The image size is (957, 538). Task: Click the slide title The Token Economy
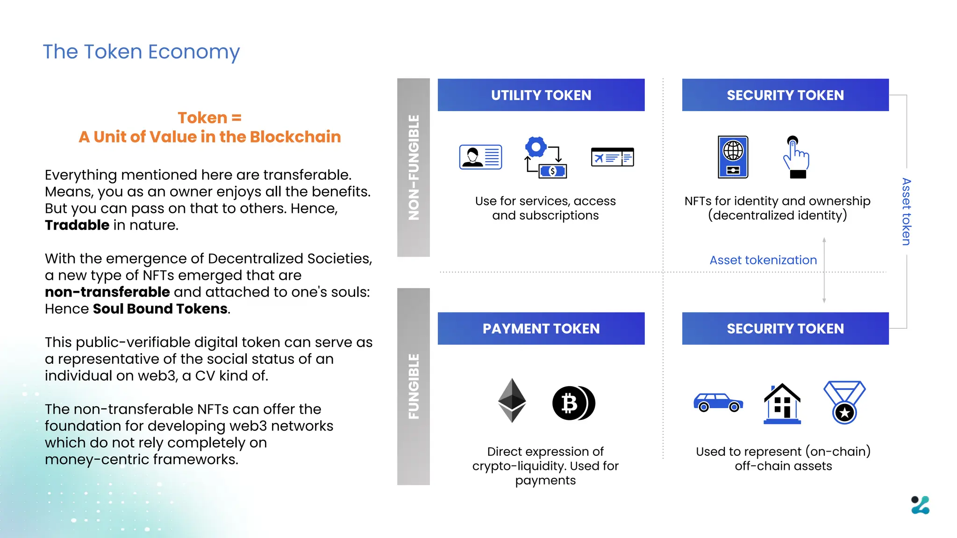141,52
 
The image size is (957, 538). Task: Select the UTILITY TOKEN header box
541,95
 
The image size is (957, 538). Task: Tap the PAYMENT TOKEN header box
541,328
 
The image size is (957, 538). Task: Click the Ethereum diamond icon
512,400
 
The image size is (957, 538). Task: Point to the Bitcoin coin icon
573,403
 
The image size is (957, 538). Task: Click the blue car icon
718,402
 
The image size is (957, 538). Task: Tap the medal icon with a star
844,402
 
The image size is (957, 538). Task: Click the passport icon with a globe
733,157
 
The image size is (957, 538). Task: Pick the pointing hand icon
796,157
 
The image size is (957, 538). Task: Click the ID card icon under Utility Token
480,157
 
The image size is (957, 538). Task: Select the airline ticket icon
612,157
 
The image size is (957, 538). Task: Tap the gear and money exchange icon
545,157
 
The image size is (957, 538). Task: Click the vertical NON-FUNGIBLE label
414,167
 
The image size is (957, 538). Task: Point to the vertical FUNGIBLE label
414,386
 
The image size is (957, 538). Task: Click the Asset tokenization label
763,260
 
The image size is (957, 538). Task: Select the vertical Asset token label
906,212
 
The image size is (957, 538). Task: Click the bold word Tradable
77,225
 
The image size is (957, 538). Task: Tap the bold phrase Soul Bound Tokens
160,309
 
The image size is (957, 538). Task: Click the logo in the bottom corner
920,505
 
